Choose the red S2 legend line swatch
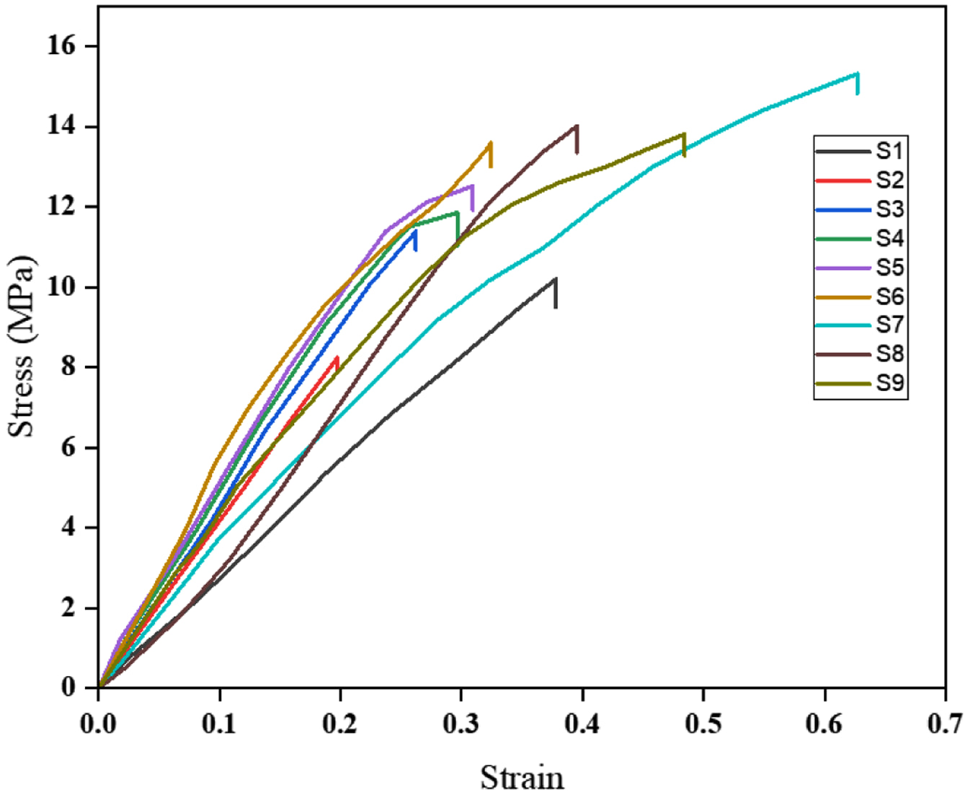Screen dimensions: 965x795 point(842,180)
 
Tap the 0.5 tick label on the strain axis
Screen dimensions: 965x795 point(703,725)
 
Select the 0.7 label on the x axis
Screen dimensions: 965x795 point(946,725)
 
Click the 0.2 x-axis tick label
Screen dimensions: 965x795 point(340,725)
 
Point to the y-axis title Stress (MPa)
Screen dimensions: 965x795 point(22,347)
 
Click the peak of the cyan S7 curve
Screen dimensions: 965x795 point(857,74)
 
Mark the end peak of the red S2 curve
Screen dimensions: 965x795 point(337,357)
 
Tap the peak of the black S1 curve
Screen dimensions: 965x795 point(555,279)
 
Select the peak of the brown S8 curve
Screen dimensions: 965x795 point(577,126)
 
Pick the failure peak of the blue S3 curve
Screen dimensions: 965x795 point(415,230)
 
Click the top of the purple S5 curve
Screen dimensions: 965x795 point(472,185)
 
